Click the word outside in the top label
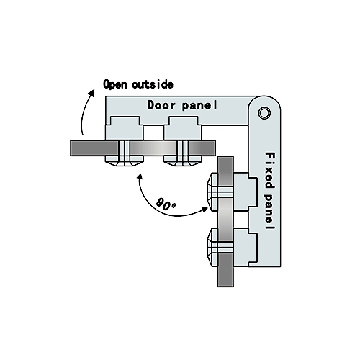pyautogui.click(x=152, y=84)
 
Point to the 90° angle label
pyautogui.click(x=166, y=204)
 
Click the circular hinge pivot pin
pyautogui.click(x=264, y=112)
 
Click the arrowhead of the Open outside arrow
pyautogui.click(x=91, y=93)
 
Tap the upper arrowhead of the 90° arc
pyautogui.click(x=140, y=177)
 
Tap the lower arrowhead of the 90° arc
pyautogui.click(x=204, y=210)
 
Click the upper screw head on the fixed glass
pyautogui.click(x=212, y=192)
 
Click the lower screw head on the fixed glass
pyautogui.click(x=212, y=247)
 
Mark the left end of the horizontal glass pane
pyautogui.click(x=71, y=148)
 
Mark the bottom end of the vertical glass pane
pyautogui.click(x=225, y=287)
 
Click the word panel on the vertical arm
pyautogui.click(x=270, y=212)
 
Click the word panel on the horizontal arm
pyautogui.click(x=199, y=106)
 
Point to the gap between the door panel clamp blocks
pyautogui.click(x=153, y=132)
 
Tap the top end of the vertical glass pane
pyautogui.click(x=225, y=156)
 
